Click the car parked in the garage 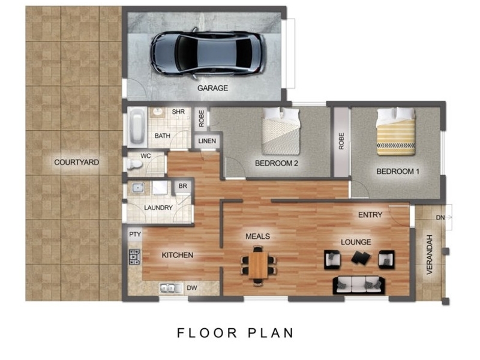(207, 53)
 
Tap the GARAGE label (212, 88)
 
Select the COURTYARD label (77, 162)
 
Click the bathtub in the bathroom (137, 127)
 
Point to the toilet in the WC (134, 164)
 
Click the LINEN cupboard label (207, 141)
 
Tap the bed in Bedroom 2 (281, 131)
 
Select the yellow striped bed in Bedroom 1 (396, 131)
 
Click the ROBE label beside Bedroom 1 (341, 141)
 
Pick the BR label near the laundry (183, 186)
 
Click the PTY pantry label (134, 235)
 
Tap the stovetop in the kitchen (134, 257)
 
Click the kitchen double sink (167, 289)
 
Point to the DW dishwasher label (192, 288)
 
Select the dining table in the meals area (258, 265)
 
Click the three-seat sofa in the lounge (358, 286)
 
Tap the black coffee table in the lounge (361, 257)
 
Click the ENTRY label (370, 215)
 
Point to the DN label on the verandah (440, 218)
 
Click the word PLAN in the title (271, 333)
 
